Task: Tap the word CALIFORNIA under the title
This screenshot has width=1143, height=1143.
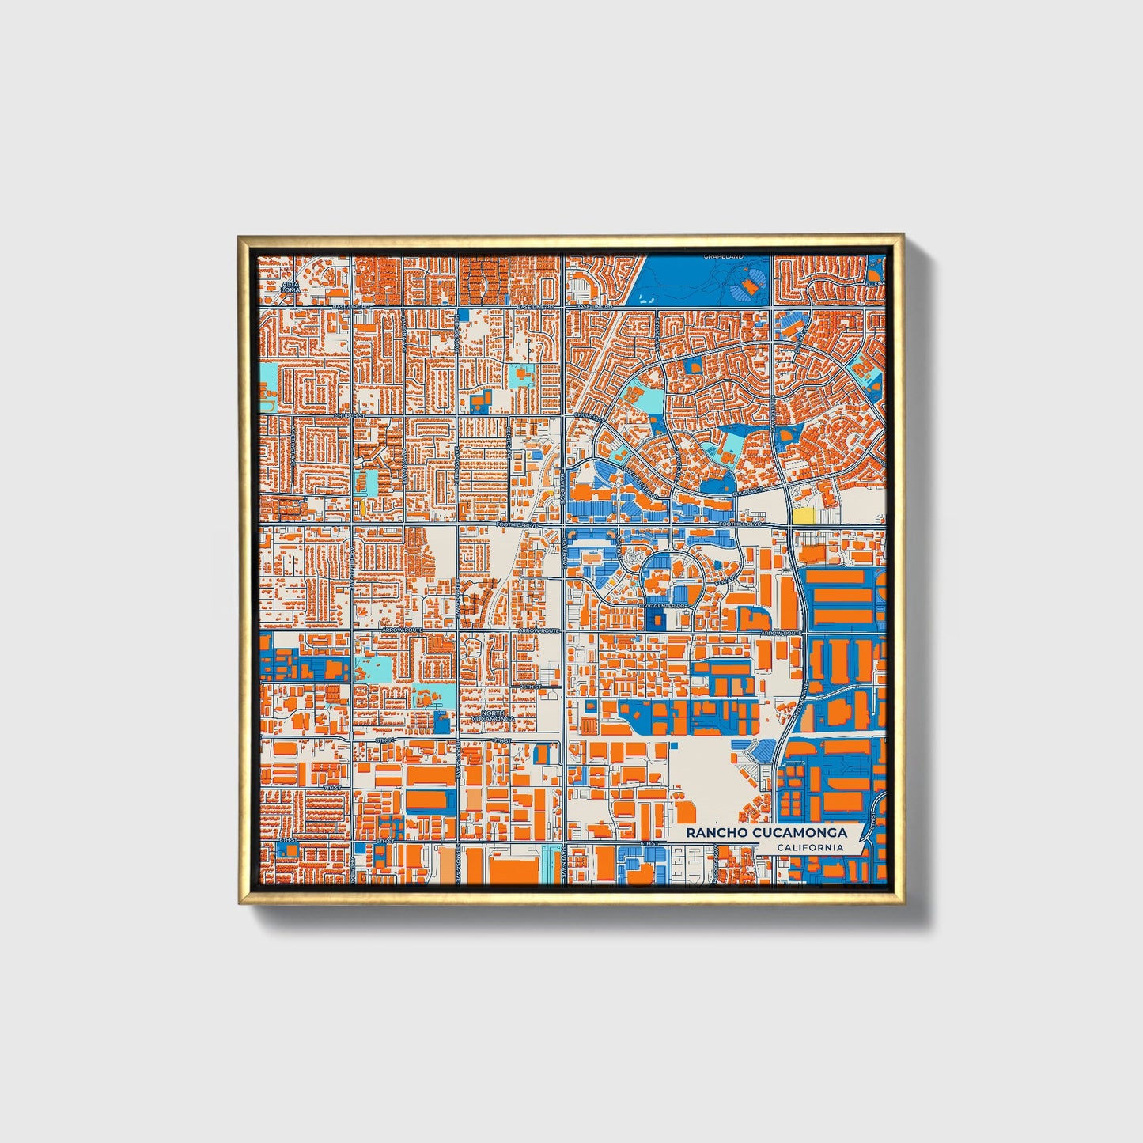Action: [809, 848]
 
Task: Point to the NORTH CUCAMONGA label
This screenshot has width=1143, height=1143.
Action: [492, 716]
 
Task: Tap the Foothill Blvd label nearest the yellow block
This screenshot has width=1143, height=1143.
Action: [743, 524]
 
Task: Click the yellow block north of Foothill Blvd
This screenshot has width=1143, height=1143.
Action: [803, 515]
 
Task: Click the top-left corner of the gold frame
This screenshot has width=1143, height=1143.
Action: [238, 235]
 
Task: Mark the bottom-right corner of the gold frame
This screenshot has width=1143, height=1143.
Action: [903, 903]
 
